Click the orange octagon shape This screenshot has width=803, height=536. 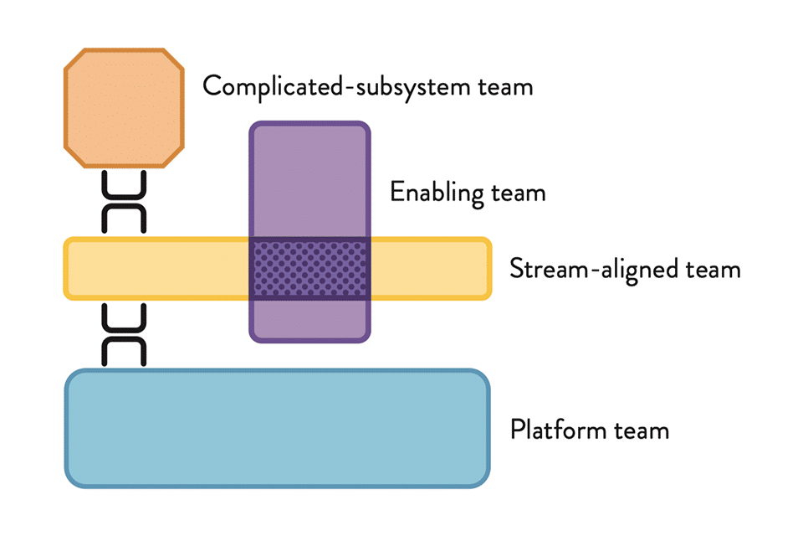coord(124,108)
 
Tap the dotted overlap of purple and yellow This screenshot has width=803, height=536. coord(309,268)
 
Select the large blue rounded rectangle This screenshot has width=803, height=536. coord(277,428)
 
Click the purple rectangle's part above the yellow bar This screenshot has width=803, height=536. coord(309,179)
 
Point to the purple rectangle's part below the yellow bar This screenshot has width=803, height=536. coord(309,321)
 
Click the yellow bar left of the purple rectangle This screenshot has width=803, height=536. coord(156,268)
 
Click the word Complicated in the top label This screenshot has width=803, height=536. coord(273,87)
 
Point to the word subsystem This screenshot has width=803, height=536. coord(412,87)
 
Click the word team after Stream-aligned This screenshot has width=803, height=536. coord(713,271)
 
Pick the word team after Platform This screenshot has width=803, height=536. coord(642,430)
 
